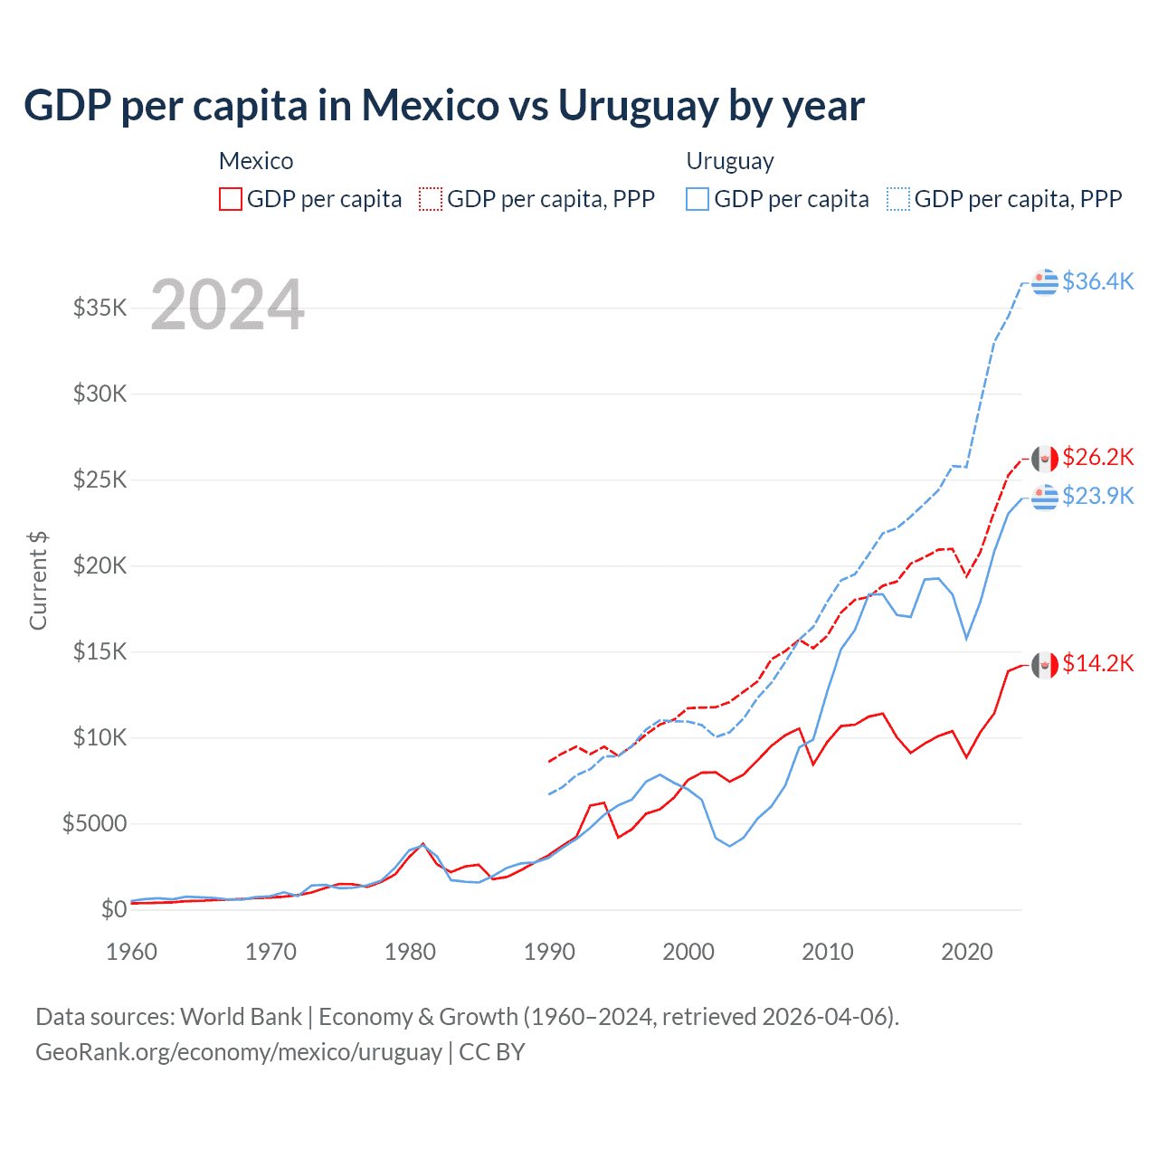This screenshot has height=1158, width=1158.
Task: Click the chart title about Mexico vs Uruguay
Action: [443, 105]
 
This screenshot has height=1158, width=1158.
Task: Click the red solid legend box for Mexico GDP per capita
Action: [231, 199]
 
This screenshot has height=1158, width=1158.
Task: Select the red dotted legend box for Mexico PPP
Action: [431, 199]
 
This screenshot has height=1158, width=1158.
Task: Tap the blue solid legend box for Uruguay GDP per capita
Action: [698, 199]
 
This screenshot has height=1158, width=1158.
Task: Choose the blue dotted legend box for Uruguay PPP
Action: [898, 199]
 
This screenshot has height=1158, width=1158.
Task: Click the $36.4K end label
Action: [1097, 281]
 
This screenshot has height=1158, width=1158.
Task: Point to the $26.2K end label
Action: [1097, 457]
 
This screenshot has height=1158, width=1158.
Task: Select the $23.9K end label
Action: [1097, 496]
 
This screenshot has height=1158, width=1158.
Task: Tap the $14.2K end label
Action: [1097, 663]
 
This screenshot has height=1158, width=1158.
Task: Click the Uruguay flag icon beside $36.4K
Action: [1045, 282]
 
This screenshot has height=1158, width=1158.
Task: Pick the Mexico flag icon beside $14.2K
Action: [1045, 665]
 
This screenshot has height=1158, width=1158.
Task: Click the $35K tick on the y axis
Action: [100, 308]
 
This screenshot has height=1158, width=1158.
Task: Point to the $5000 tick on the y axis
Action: [95, 823]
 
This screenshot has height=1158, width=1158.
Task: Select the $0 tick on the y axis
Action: [113, 909]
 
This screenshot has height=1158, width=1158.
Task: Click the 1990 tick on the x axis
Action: [549, 952]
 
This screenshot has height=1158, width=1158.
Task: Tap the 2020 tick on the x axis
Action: [967, 952]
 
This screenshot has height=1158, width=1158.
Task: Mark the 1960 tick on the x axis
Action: [132, 952]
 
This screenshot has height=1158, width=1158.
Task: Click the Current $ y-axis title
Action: [38, 581]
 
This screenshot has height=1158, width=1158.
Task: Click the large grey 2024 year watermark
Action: [227, 305]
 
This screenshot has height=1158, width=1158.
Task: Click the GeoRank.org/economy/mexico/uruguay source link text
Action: [239, 1052]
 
